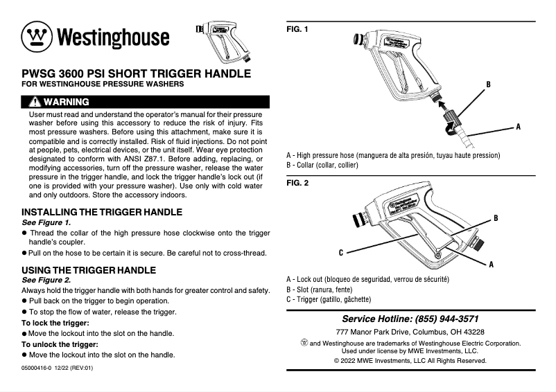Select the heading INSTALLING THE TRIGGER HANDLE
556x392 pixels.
102,211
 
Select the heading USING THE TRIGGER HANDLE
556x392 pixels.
89,269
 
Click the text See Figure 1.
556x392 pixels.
46,222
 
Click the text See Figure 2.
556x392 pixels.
46,280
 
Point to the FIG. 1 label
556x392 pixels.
297,29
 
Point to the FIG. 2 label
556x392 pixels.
297,184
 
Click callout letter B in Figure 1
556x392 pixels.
488,84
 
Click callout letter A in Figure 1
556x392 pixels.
518,127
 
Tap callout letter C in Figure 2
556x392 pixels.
341,251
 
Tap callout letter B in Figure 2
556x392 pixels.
496,218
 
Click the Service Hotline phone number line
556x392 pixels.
410,319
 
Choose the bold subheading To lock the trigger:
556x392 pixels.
55,323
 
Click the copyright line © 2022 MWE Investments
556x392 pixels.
410,360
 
